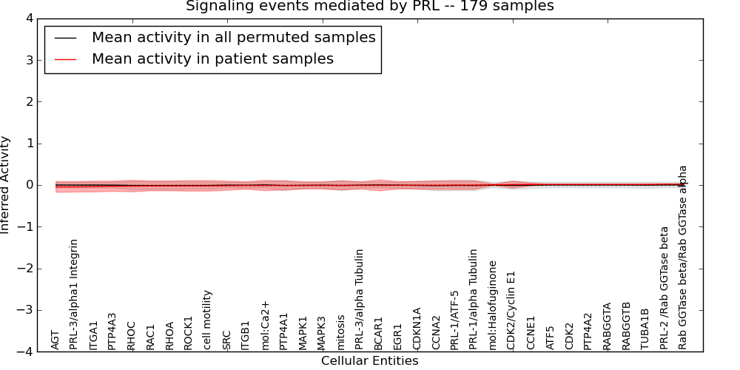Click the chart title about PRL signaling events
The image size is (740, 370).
[369, 7]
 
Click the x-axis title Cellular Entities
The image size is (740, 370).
[369, 361]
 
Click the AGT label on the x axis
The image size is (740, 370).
[55, 340]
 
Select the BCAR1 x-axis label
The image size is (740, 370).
[379, 334]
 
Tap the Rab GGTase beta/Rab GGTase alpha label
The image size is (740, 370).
[683, 257]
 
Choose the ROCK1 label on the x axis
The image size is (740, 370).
[189, 332]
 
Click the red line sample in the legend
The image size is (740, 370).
[66, 59]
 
